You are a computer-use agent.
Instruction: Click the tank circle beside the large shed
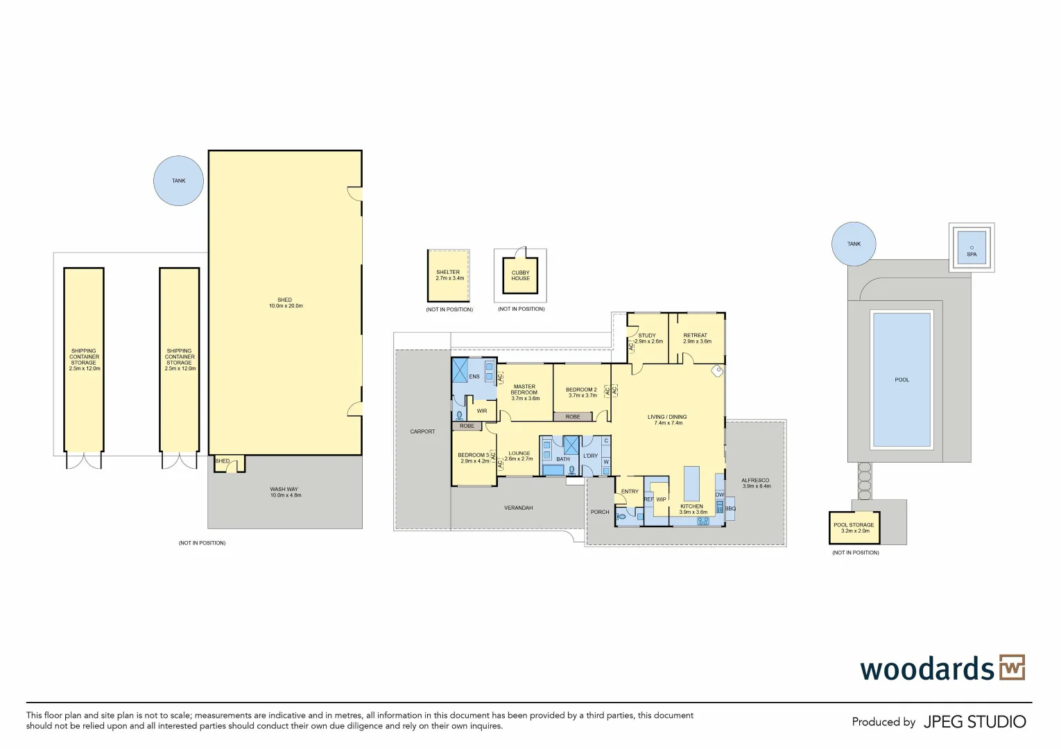click(178, 180)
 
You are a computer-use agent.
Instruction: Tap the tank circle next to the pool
click(854, 243)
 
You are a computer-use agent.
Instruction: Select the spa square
click(972, 248)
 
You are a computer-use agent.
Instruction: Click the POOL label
click(902, 379)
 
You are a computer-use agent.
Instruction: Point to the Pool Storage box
click(854, 528)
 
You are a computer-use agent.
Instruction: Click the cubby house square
click(520, 275)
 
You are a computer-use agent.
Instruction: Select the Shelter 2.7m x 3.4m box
click(448, 275)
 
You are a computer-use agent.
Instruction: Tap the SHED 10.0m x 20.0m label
click(285, 303)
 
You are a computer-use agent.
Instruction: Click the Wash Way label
click(285, 492)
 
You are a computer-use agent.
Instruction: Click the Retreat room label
click(696, 338)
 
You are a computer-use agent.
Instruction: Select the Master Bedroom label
click(525, 393)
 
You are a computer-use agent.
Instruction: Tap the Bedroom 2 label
click(582, 393)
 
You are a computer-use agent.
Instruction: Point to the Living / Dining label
click(666, 420)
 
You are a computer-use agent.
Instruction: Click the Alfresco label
click(756, 483)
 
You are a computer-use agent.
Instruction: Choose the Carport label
click(422, 431)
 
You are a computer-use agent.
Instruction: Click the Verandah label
click(518, 508)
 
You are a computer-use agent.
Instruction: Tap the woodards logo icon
click(1012, 668)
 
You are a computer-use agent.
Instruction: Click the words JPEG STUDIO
click(974, 722)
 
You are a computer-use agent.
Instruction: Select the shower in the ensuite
click(460, 370)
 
